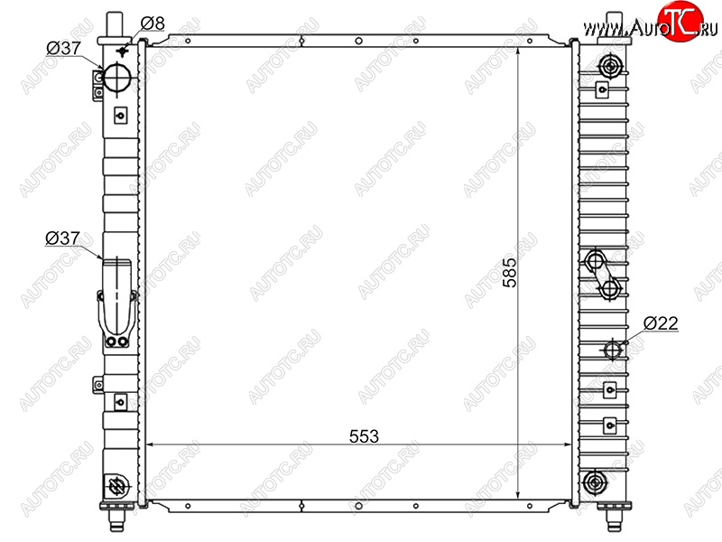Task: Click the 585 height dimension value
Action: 510,273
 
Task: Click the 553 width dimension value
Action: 364,436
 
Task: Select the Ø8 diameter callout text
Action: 153,23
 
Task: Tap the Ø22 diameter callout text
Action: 661,323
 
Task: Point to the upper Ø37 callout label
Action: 63,48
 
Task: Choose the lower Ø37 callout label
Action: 62,238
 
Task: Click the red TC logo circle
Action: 680,22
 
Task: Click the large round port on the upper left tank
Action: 117,79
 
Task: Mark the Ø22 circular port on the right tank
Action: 613,350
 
